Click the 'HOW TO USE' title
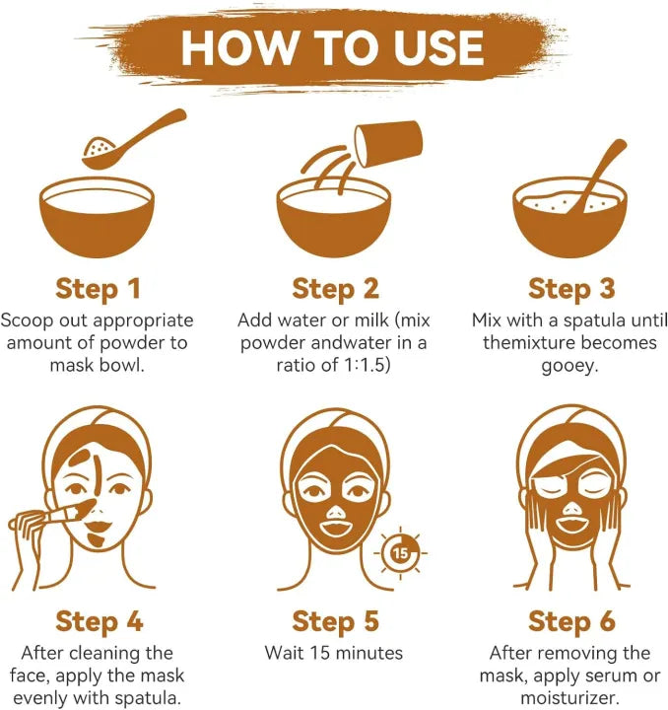coord(333,48)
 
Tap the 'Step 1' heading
coord(98,289)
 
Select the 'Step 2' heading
coord(335,289)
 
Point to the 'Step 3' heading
coord(571,289)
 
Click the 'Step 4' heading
coord(100,621)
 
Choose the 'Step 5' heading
coord(335,621)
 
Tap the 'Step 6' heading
coord(571,621)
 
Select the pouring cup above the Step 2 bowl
coord(388,143)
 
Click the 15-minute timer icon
coord(400,553)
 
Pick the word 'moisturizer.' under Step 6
coord(569,698)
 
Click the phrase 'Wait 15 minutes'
coord(334,653)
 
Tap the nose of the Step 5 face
coord(335,513)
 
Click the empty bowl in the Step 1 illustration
coord(97,217)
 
